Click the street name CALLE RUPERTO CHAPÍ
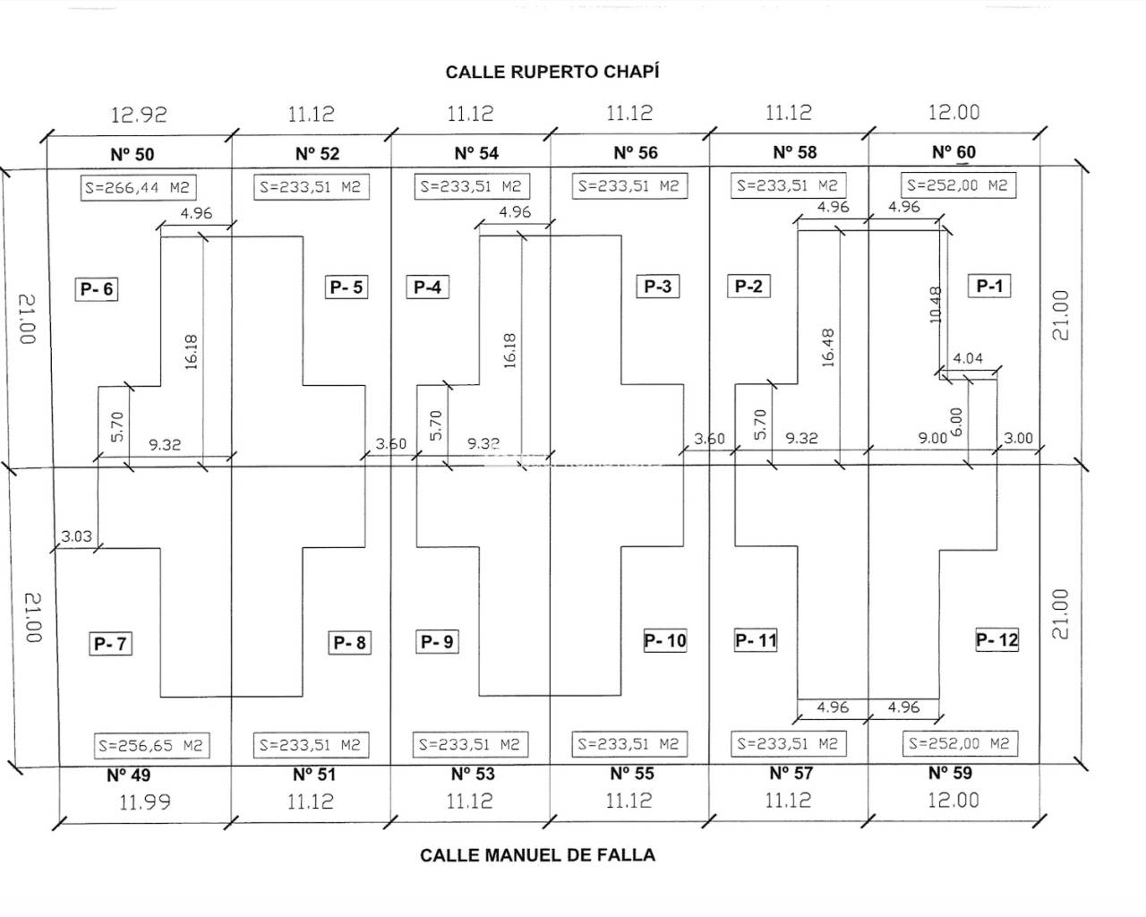pos(552,72)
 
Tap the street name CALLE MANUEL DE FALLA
pos(537,855)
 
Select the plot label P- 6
pos(97,289)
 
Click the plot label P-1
pos(989,286)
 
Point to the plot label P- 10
pos(665,640)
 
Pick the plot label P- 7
pos(111,643)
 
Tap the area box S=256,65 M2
pos(151,745)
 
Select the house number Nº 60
pos(954,152)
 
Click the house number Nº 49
pos(129,775)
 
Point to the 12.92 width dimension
pos(139,115)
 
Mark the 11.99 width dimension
pos(145,802)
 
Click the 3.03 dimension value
pos(76,537)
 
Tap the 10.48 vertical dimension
pos(936,304)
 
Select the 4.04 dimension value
pos(968,358)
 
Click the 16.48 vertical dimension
pos(827,347)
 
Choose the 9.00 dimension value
pos(933,438)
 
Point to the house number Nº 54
pos(476,153)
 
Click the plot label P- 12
pos(996,640)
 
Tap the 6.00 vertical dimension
pos(955,421)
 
